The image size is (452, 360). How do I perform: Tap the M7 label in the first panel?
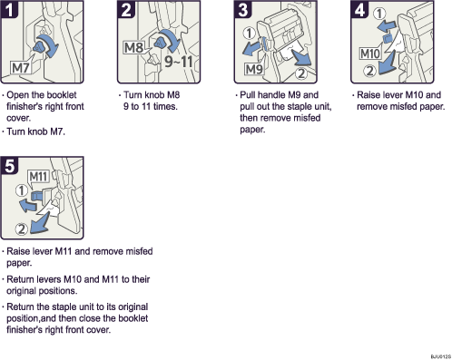[x=23, y=66]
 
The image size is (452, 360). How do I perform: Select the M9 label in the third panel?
[x=254, y=66]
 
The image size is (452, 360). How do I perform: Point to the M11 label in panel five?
[x=38, y=175]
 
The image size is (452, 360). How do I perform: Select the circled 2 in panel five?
[x=23, y=227]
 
